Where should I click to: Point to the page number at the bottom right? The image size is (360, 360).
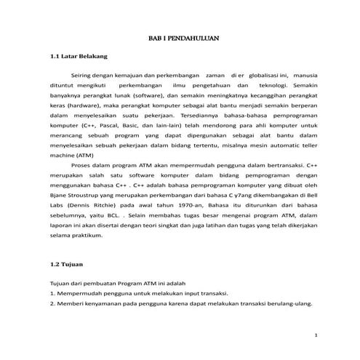tap(315, 335)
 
